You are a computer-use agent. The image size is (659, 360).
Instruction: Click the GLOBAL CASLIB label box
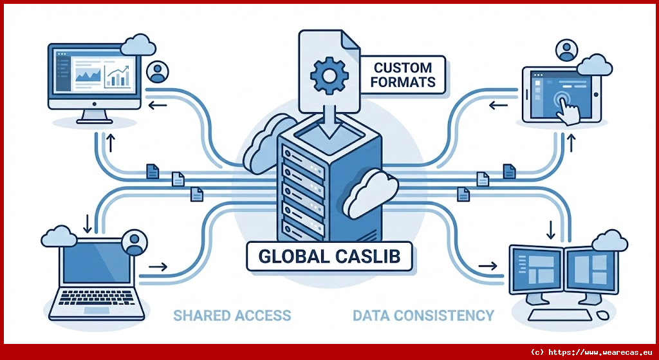tap(329, 256)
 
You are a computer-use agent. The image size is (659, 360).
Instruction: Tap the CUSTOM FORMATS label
tap(404, 74)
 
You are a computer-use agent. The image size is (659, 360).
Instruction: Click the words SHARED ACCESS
tap(232, 316)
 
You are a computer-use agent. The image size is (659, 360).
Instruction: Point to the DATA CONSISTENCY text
tap(423, 316)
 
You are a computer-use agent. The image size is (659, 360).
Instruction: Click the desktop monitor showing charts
tap(95, 77)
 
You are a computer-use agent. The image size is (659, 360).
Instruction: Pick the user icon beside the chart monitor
tap(156, 71)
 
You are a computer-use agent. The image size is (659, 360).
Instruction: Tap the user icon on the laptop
tap(134, 242)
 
